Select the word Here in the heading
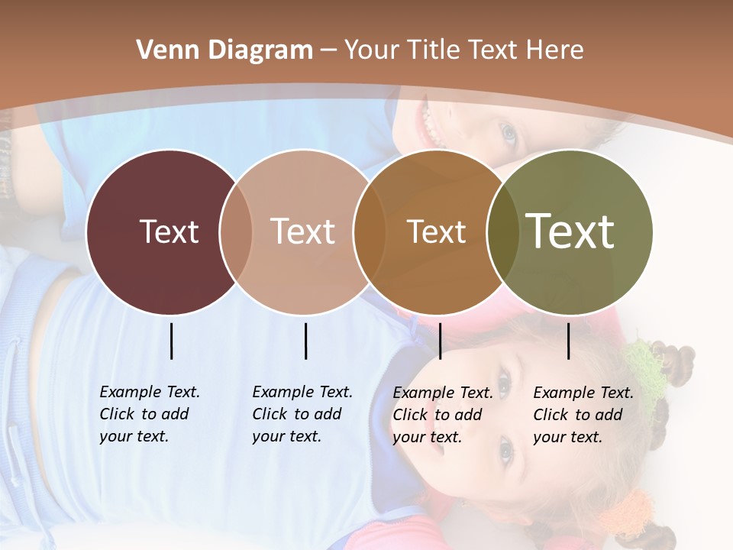556,50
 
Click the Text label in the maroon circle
169,231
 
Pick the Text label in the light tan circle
302,231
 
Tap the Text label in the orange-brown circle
436,231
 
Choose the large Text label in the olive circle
570,231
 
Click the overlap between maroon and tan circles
236,231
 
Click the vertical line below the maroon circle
171,341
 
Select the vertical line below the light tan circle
305,341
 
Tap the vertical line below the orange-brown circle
440,341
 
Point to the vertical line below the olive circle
568,341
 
